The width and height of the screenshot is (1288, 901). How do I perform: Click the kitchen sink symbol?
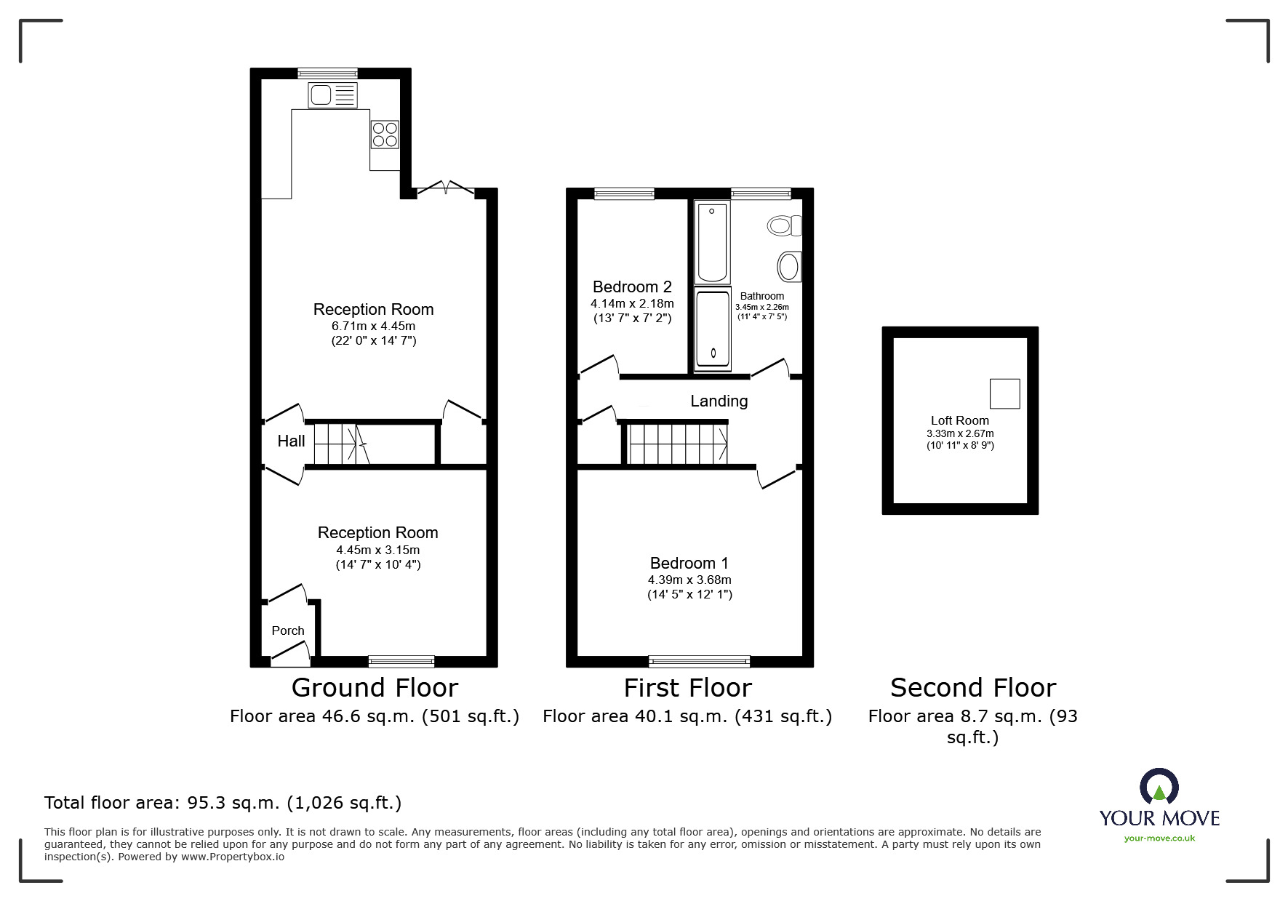tap(333, 95)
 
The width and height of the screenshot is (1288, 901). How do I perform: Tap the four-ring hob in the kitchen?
tap(385, 134)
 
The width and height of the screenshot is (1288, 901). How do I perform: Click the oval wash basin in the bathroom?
tap(788, 267)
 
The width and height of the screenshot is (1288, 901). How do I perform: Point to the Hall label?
tap(291, 441)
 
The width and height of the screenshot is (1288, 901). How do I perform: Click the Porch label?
tap(288, 630)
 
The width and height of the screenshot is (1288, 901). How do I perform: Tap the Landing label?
tap(719, 401)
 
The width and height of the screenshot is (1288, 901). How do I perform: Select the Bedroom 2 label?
tap(632, 287)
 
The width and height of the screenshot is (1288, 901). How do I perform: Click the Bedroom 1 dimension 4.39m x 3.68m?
tap(689, 580)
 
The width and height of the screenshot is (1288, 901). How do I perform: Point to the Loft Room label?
tap(959, 420)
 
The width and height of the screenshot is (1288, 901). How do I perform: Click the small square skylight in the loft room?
tap(1004, 393)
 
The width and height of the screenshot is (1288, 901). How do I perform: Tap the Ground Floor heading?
tap(375, 687)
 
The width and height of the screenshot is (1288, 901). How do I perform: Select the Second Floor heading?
tap(972, 687)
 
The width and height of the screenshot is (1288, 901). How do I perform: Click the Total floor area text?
tap(223, 803)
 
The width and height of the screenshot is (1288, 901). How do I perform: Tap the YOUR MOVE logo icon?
tap(1159, 788)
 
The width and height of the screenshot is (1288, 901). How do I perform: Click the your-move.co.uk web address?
tap(1159, 838)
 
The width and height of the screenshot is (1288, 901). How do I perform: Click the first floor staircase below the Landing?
tap(677, 444)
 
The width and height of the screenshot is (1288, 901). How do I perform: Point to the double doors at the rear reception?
tap(445, 188)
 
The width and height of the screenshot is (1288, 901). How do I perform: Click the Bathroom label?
tap(761, 296)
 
